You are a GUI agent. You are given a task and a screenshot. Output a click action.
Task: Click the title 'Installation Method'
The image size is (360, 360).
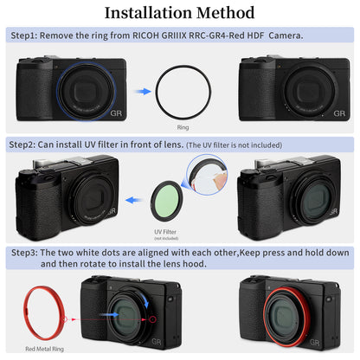pos(179,13)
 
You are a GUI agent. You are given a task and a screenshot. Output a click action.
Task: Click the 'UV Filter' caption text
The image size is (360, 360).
pos(165,232)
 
